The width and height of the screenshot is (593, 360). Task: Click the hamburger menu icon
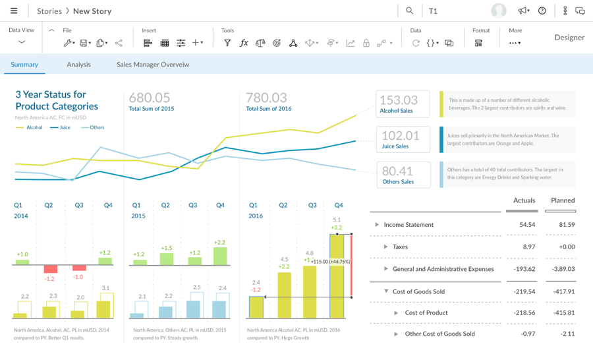[14, 11]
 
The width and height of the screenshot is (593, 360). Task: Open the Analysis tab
[78, 65]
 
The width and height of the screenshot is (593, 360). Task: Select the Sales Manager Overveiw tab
[152, 65]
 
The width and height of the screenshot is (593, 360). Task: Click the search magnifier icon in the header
[409, 11]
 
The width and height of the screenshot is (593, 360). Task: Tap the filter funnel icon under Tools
[227, 43]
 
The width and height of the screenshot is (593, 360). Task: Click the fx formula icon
[244, 43]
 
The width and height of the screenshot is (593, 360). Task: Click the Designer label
[569, 38]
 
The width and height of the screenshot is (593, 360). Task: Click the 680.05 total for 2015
[150, 98]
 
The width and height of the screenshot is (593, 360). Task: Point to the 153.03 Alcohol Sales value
[399, 100]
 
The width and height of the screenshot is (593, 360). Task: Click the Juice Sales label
[395, 146]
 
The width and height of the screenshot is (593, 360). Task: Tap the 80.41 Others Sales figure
[397, 171]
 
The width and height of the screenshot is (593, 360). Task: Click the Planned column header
[562, 200]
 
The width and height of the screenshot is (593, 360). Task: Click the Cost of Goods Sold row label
[418, 291]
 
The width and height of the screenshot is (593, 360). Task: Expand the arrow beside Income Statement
[377, 225]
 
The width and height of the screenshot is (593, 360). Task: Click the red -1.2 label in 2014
[49, 279]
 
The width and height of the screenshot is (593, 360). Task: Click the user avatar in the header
[499, 11]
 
